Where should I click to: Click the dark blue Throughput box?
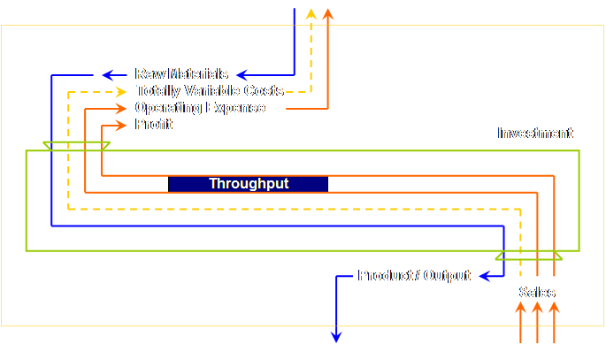tap(248, 184)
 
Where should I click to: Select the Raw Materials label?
tap(181, 74)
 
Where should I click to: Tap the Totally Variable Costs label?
tap(210, 91)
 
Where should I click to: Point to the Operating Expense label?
tap(200, 108)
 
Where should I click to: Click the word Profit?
tap(153, 125)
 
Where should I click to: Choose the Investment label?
tap(535, 134)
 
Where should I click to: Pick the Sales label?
tap(537, 292)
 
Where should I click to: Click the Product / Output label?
tap(414, 276)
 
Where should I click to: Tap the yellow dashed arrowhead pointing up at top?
tap(311, 13)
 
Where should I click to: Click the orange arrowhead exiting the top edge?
tap(328, 13)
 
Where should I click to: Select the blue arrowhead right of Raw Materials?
tap(241, 74)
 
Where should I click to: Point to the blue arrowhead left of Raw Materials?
tap(108, 74)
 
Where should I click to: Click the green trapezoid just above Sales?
tap(528, 256)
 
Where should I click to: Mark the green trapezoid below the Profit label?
tap(76, 145)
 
